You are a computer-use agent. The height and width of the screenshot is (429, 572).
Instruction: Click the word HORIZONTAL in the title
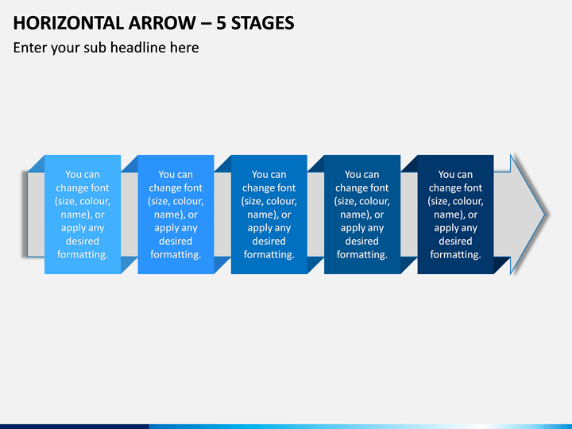pyautogui.click(x=68, y=23)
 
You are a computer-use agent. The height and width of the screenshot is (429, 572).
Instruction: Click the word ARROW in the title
pyautogui.click(x=162, y=23)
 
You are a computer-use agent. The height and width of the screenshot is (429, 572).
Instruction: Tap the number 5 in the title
pyautogui.click(x=221, y=23)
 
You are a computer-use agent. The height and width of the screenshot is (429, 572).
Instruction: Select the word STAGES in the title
pyautogui.click(x=263, y=23)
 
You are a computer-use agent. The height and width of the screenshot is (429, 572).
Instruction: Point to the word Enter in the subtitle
pyautogui.click(x=29, y=48)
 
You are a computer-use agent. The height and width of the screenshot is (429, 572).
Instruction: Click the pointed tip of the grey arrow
pyautogui.click(x=545, y=214)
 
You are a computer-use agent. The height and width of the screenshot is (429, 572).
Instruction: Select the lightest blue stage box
pyautogui.click(x=83, y=214)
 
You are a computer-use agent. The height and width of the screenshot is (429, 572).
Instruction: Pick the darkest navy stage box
pyautogui.click(x=456, y=214)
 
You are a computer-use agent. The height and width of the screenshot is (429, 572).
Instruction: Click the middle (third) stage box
pyautogui.click(x=269, y=214)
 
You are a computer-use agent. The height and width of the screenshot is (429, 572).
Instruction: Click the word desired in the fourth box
pyautogui.click(x=362, y=242)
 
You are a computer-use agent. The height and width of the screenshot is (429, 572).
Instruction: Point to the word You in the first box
pyautogui.click(x=72, y=174)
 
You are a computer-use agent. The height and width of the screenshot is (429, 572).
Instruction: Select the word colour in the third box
pyautogui.click(x=281, y=201)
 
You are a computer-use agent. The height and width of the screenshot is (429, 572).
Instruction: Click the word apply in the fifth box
pyautogui.click(x=444, y=228)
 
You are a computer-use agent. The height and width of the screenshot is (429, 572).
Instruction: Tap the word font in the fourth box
pyautogui.click(x=380, y=187)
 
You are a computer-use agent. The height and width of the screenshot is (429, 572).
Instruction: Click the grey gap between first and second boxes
pyautogui.click(x=129, y=214)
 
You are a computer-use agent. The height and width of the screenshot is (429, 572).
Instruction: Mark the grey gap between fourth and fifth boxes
pyautogui.click(x=409, y=214)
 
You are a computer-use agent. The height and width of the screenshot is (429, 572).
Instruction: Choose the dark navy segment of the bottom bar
pyautogui.click(x=75, y=427)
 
